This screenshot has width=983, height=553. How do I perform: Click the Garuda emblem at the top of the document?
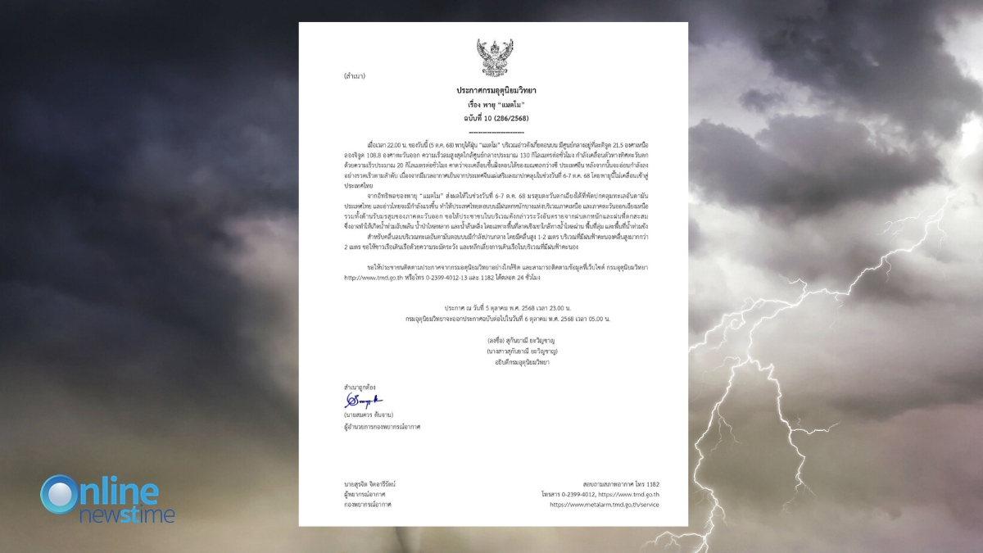coord(495,57)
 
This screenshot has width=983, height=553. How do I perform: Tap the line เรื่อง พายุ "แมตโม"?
coord(496,105)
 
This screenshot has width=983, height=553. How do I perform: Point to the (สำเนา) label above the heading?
coord(355,76)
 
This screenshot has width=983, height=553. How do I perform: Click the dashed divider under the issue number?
coord(496,131)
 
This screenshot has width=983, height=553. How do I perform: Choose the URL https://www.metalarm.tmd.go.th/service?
coord(604,505)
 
